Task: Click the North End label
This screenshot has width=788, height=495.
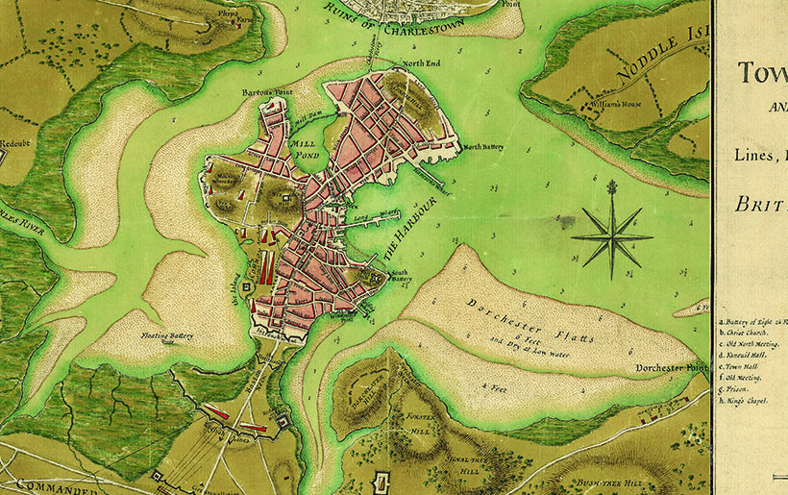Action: [x=420, y=64]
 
